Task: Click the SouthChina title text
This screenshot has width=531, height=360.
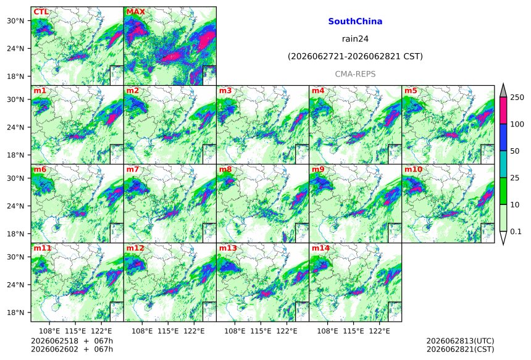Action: [x=355, y=22]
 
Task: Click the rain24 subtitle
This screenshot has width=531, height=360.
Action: [x=355, y=39]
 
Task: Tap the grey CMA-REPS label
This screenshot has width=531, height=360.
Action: [x=355, y=74]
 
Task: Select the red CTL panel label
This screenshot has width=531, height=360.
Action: [x=41, y=12]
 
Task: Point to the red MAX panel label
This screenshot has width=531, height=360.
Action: [x=135, y=12]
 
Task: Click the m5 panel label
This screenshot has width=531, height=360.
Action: [x=411, y=91]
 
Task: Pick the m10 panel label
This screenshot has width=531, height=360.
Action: [x=413, y=169]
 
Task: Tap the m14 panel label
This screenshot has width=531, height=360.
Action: [x=320, y=248]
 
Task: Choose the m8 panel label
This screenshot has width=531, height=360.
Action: [x=225, y=169]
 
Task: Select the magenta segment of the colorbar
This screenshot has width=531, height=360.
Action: [x=503, y=111]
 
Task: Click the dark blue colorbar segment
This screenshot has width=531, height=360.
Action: [x=503, y=137]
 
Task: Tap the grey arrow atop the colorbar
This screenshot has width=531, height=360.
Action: [x=503, y=91]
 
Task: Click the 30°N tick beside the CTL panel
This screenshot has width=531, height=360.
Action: [x=15, y=21]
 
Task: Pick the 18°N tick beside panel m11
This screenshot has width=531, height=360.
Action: [x=15, y=312]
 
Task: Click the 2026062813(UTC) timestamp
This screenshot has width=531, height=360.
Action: [x=460, y=341]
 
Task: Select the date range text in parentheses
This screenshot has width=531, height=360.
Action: [x=355, y=56]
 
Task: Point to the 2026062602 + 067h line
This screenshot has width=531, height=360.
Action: [x=72, y=349]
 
